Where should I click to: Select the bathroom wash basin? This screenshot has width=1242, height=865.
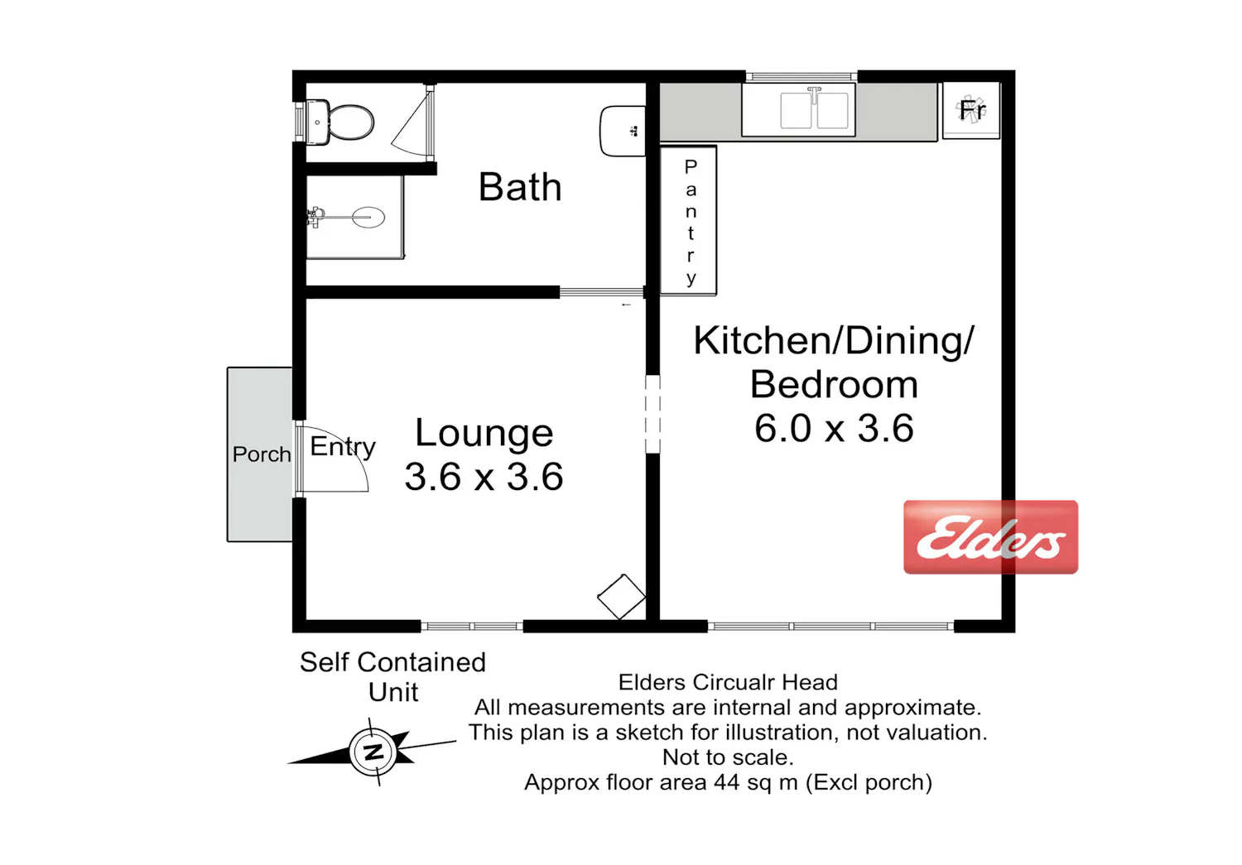(x=623, y=132)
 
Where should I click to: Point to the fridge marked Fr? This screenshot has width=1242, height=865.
(x=971, y=110)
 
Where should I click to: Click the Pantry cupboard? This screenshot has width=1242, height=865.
(x=688, y=220)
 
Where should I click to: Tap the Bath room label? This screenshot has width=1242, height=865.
(x=520, y=187)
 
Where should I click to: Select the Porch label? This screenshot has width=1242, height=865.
(x=262, y=455)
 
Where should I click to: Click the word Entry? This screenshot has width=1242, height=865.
(x=343, y=447)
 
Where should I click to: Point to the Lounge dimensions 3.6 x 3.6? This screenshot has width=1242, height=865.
(x=484, y=477)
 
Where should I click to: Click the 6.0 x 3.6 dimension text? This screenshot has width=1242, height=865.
(x=834, y=428)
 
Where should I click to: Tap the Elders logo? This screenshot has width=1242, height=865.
(x=991, y=537)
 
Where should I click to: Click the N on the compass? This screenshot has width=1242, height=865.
(x=373, y=752)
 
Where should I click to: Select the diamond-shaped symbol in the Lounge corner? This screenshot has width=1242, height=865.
(x=622, y=597)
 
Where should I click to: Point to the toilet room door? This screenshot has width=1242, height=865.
(x=412, y=123)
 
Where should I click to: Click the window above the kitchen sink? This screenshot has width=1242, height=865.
(x=802, y=76)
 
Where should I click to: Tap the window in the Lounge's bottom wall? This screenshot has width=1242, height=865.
(x=472, y=627)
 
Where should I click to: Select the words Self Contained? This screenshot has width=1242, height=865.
(x=393, y=663)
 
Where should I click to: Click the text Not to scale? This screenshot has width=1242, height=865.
(x=728, y=757)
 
